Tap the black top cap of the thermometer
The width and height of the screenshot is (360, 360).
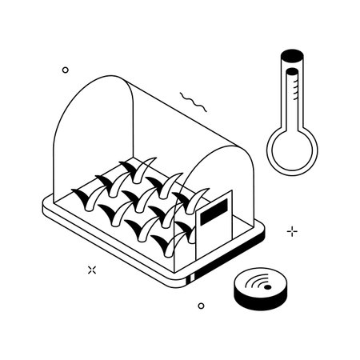pos(291,55)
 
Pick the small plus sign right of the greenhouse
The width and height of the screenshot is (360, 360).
pos(292,231)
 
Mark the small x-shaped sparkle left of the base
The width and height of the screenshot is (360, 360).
pos(91,270)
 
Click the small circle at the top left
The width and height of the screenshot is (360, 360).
pos(66,70)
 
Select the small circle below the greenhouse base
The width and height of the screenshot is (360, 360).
pos(201,306)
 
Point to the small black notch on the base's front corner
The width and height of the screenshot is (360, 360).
pos(191,279)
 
